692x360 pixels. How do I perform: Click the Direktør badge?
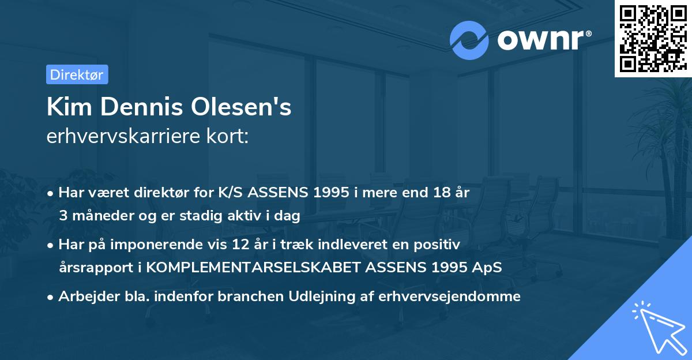(x=77, y=74)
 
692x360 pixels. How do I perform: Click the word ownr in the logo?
(x=543, y=40)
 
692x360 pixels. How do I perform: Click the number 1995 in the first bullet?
(x=325, y=192)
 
